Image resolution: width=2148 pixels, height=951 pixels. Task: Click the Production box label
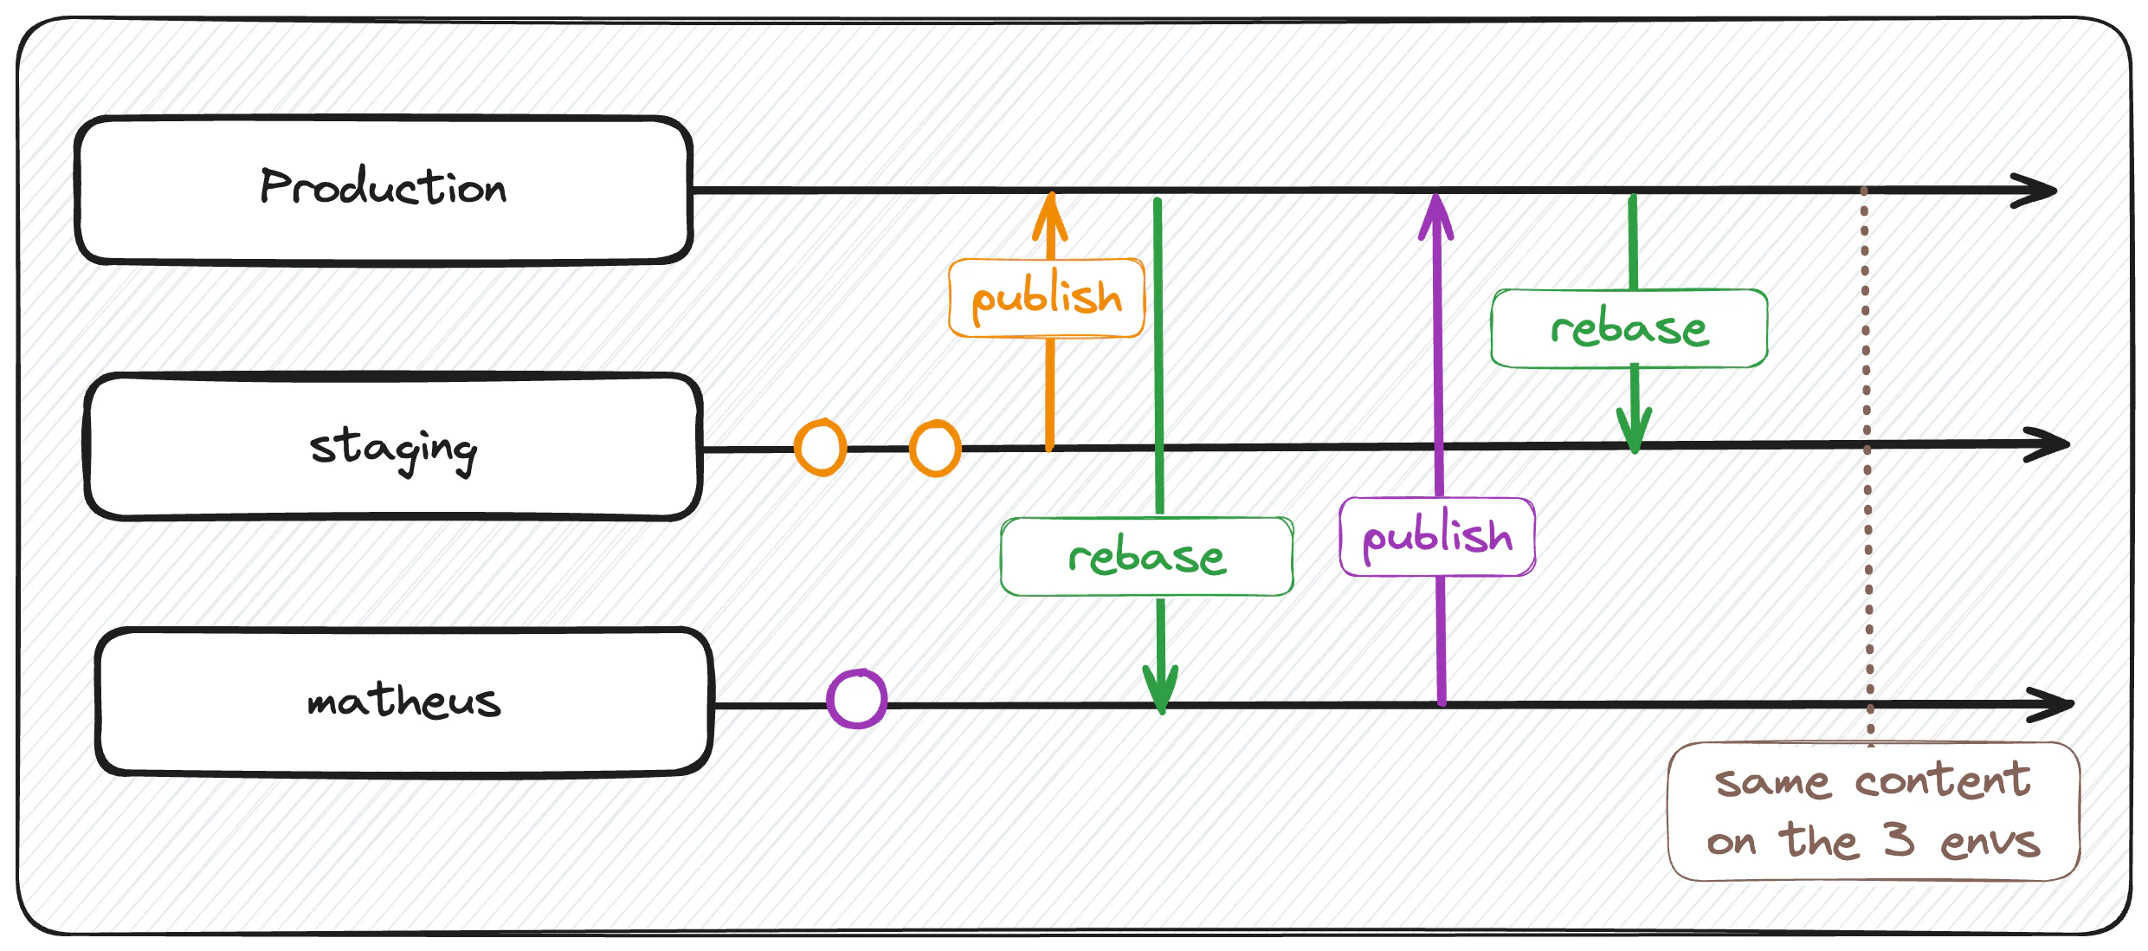[x=384, y=187]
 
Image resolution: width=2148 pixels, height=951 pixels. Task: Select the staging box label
[x=394, y=448]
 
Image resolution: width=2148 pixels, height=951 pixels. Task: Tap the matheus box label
[x=404, y=701]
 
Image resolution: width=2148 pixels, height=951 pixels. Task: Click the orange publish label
[x=1047, y=298]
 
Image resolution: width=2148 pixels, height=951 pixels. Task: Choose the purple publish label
[x=1437, y=537]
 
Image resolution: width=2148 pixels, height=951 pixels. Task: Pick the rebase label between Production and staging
[x=1629, y=329]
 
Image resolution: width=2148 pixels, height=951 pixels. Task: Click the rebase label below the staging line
[x=1147, y=557]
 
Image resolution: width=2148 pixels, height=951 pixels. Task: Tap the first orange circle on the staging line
[x=820, y=448]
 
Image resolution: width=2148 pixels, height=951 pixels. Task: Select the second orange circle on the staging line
[x=935, y=448]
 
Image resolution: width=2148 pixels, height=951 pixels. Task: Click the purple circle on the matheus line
[x=857, y=698]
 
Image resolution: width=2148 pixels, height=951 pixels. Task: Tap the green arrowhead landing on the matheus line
[x=1161, y=689]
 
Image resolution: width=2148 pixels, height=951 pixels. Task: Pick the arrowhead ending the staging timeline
[x=2048, y=444]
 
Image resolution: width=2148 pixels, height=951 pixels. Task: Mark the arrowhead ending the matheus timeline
[x=2053, y=704]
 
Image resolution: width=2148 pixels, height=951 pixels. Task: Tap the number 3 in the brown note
[x=1898, y=839]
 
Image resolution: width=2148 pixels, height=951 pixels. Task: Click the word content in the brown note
[x=1943, y=781]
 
